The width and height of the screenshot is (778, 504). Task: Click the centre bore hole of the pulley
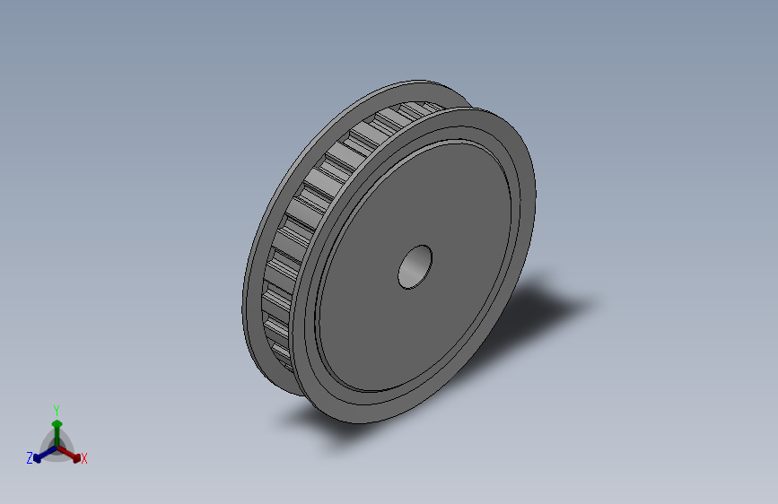pos(415,267)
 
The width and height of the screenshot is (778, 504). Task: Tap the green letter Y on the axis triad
pos(56,411)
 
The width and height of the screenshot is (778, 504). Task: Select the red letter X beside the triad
pos(83,459)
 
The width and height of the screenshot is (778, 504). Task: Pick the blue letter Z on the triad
pos(30,458)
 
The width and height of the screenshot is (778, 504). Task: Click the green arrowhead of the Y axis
pos(57,424)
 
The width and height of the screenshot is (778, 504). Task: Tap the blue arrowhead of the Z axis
pos(37,458)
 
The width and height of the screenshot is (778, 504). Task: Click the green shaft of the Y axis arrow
pos(57,437)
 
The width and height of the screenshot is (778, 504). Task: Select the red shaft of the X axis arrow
pos(66,452)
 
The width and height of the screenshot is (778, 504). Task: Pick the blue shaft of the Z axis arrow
pos(48,452)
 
